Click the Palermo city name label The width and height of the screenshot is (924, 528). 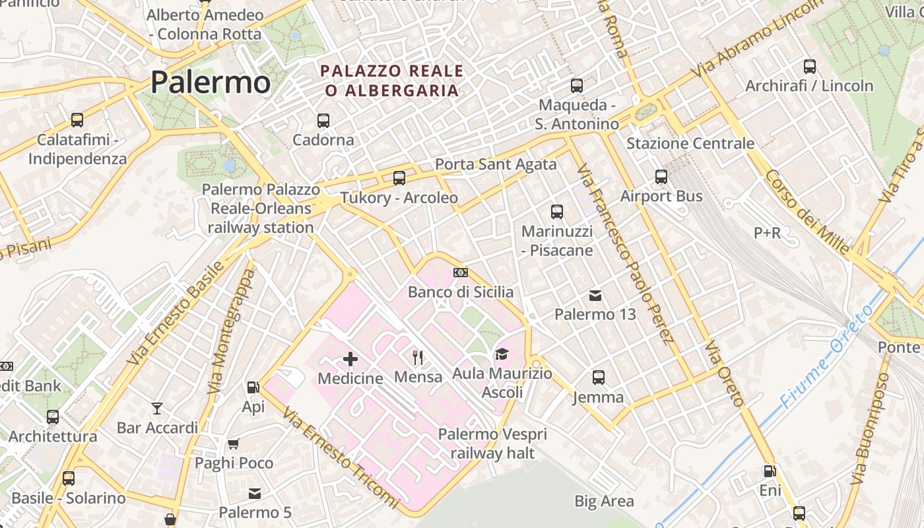click(210, 82)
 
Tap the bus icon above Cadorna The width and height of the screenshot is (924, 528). click(323, 121)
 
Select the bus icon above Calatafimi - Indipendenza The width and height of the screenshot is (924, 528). click(77, 120)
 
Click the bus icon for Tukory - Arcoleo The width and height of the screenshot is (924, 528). click(399, 178)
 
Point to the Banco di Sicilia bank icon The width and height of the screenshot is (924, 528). click(461, 273)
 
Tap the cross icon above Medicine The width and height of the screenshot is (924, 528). click(350, 359)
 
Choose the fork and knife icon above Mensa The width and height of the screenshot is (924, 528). click(418, 358)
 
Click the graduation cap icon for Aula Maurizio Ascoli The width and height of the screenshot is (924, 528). click(502, 354)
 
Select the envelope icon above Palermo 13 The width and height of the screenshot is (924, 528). click(595, 295)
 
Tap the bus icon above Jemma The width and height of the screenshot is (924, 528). click(599, 378)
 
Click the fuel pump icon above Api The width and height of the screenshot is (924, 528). click(253, 387)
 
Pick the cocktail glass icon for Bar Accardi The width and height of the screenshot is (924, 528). click(157, 409)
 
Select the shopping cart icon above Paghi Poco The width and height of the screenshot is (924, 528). click(234, 444)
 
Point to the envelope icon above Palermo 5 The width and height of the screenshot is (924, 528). click(255, 494)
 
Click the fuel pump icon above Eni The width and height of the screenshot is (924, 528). click(770, 471)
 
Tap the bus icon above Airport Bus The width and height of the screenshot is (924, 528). click(661, 177)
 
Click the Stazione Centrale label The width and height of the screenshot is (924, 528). click(690, 143)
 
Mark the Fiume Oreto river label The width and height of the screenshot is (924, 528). click(826, 357)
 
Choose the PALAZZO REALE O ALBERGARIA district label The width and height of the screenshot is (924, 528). click(392, 81)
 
